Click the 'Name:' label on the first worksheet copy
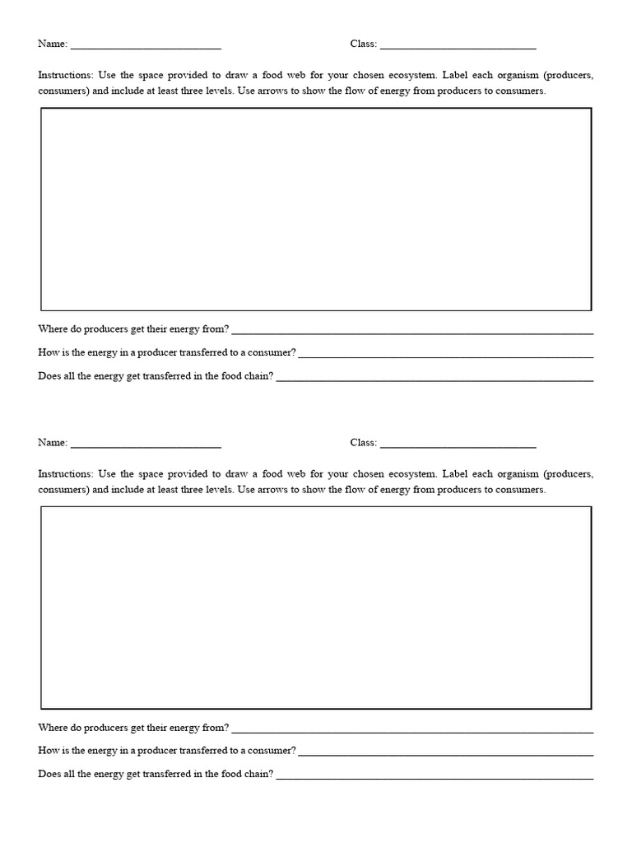click(x=53, y=44)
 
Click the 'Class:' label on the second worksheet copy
click(x=363, y=442)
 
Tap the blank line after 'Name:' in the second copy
click(x=146, y=445)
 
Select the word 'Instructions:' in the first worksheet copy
click(x=66, y=75)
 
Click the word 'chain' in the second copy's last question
click(x=254, y=774)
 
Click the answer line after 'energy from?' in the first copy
click(x=412, y=332)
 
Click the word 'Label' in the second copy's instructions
click(x=456, y=474)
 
